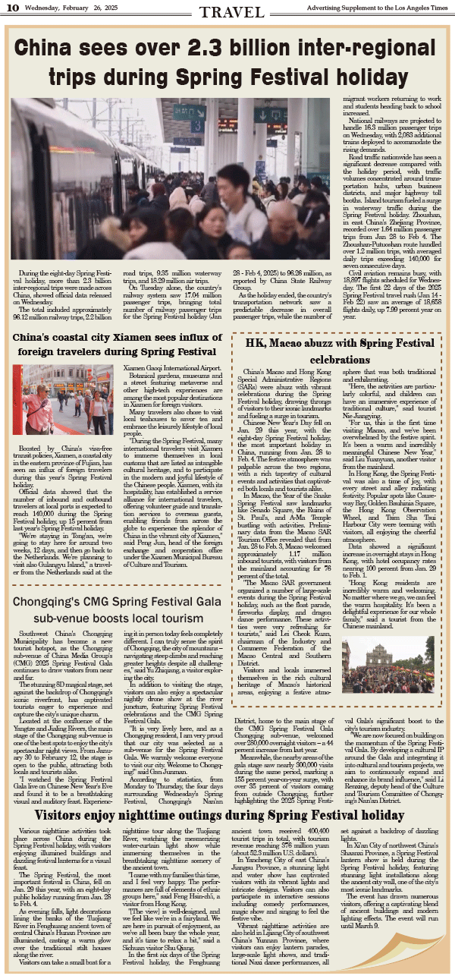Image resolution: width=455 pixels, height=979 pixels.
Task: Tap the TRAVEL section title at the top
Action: point(227,11)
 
